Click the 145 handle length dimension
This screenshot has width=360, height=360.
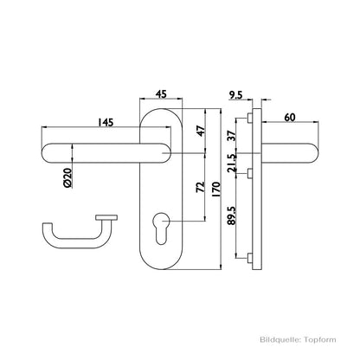click(x=106, y=122)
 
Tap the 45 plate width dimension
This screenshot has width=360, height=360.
click(x=161, y=94)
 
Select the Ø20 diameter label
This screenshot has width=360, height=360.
click(x=67, y=178)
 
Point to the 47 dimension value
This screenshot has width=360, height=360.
click(x=201, y=131)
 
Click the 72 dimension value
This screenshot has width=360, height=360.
click(x=200, y=187)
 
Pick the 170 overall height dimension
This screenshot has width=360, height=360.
click(x=215, y=190)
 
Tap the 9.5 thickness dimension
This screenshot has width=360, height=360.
click(x=236, y=94)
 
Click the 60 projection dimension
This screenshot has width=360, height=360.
click(x=290, y=118)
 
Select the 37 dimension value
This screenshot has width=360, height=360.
click(x=232, y=135)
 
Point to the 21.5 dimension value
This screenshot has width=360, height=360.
click(x=232, y=164)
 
